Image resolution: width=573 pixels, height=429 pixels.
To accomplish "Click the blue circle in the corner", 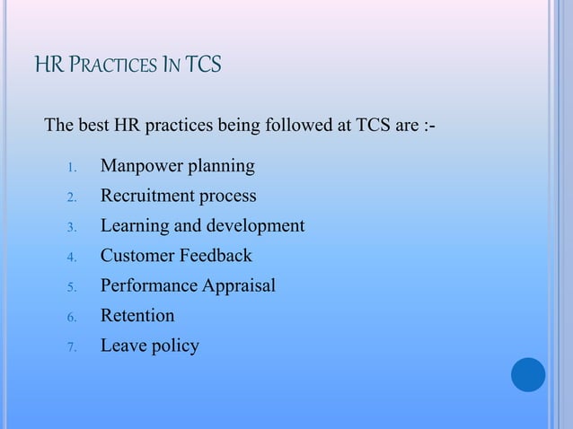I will [528, 374].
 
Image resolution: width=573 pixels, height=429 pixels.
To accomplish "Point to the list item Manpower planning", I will [177, 167].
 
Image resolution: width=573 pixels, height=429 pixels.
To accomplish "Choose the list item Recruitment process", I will [178, 197].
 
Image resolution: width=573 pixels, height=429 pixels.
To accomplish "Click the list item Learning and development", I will [202, 226].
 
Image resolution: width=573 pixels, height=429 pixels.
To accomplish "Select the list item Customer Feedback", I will [176, 256].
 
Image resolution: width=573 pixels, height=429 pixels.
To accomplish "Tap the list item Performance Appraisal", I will [188, 286].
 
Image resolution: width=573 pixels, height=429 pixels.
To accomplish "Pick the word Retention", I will [137, 316].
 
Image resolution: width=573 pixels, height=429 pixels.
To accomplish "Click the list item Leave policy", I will [149, 346].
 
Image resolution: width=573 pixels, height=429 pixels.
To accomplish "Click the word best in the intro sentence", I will [93, 123].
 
